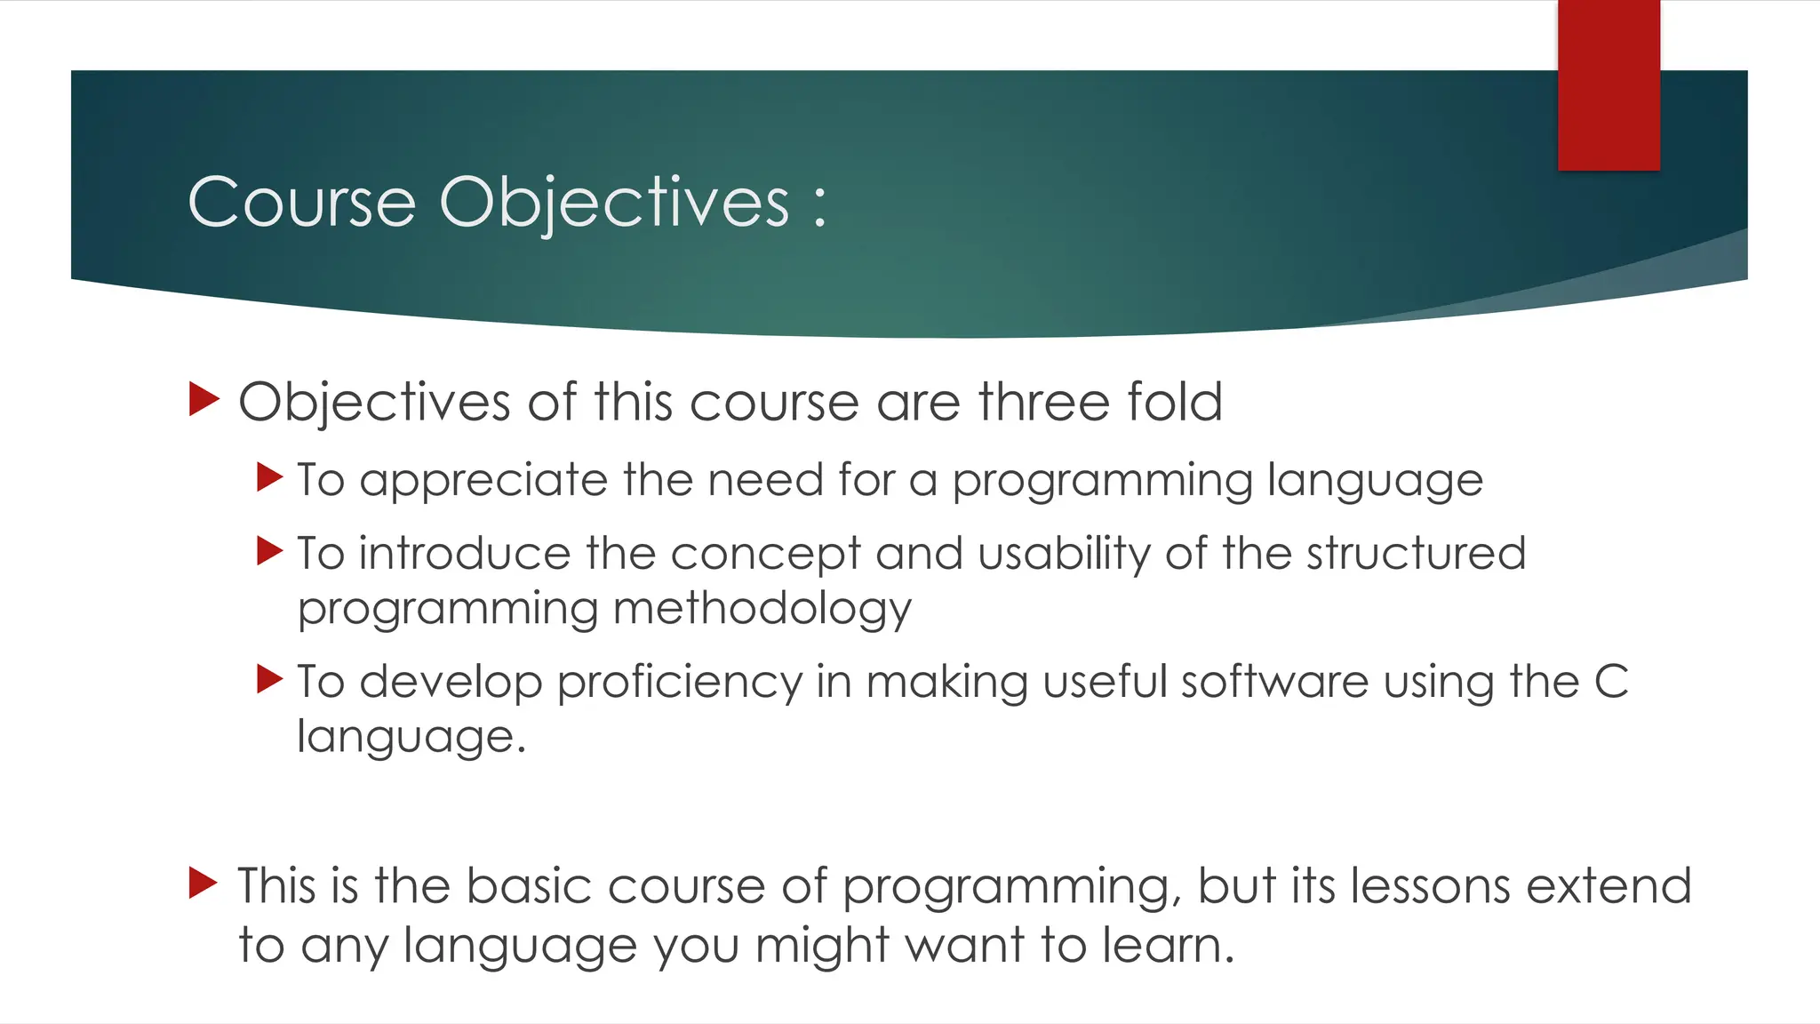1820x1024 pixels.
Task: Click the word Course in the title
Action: (x=302, y=203)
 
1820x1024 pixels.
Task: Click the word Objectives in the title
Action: (x=614, y=203)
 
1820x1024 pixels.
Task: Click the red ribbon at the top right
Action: (x=1608, y=84)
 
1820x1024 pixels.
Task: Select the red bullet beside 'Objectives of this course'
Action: (x=204, y=400)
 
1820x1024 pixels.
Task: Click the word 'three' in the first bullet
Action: (x=1044, y=402)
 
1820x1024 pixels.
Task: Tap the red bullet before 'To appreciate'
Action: (x=269, y=477)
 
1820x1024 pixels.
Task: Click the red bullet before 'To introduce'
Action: (x=269, y=551)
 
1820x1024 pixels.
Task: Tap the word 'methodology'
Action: (x=762, y=610)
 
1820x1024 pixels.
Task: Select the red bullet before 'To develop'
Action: (x=269, y=679)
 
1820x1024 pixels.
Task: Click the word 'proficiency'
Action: (x=680, y=683)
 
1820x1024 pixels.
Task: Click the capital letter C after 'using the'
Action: (x=1610, y=682)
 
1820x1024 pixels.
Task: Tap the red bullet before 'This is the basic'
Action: (x=204, y=884)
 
